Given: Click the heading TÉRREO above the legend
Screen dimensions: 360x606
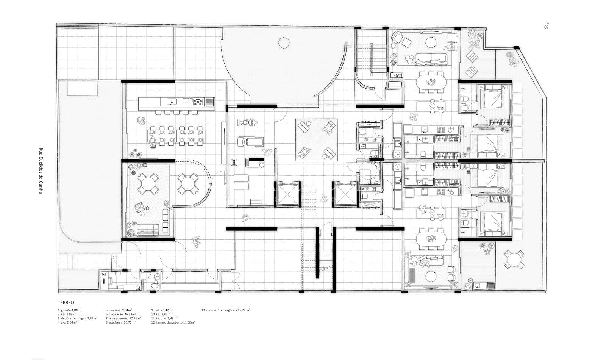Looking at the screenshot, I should tap(66, 303).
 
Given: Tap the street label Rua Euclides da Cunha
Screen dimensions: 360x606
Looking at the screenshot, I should tap(41, 171).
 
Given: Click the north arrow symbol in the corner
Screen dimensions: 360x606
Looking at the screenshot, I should tap(546, 26).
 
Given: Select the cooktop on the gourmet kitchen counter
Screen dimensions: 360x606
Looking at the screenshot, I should tap(197, 101).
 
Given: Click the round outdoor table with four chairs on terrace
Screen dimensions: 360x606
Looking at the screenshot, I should tap(514, 260).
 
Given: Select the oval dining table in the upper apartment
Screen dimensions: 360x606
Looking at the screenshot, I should tap(431, 82).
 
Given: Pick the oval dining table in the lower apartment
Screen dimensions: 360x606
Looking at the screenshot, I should tap(431, 239).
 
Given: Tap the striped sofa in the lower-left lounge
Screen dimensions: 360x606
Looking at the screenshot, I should tap(147, 229).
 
